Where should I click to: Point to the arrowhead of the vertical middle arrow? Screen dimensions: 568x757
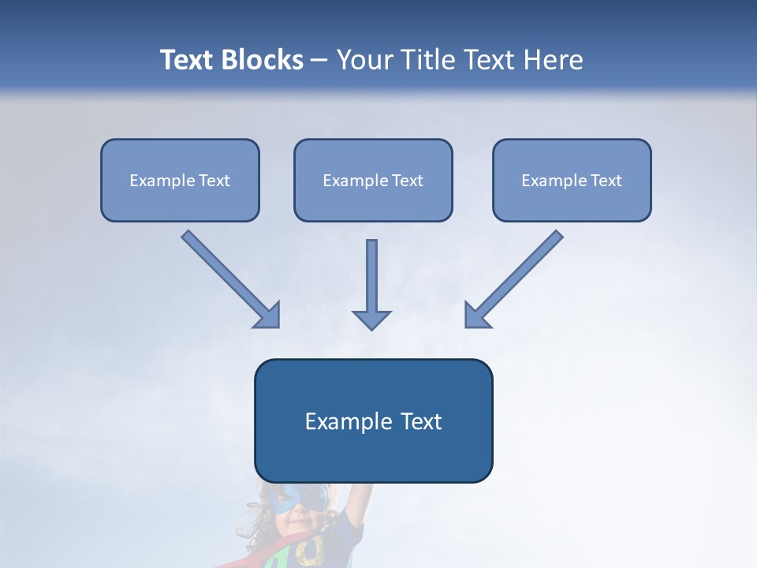[x=371, y=319]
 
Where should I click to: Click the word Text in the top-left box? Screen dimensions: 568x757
[x=214, y=181]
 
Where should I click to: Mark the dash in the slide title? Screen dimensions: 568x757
[x=319, y=61]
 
